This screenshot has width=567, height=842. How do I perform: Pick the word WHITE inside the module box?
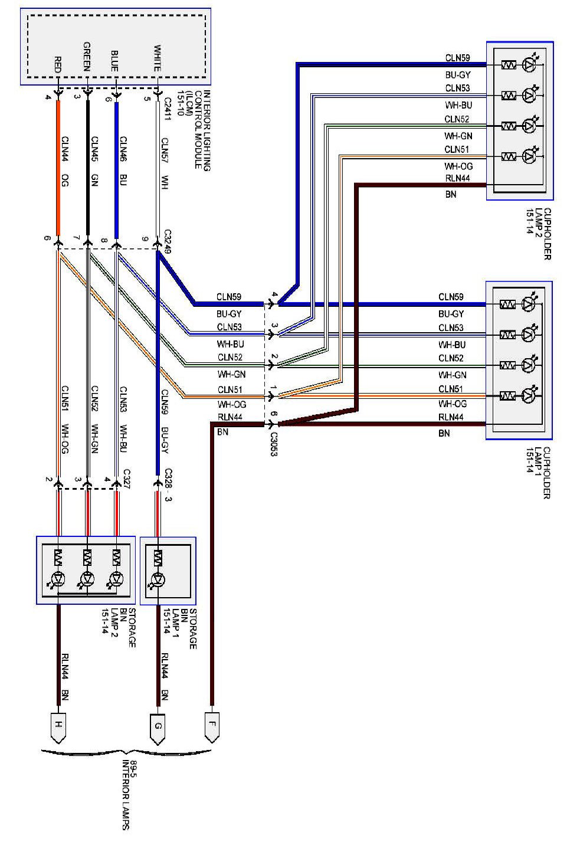coord(157,58)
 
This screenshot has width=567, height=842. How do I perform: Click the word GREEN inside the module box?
coord(87,57)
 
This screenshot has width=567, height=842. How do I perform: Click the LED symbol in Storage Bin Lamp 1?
coord(158,579)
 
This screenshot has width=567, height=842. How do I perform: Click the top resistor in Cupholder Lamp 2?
coord(508,64)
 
